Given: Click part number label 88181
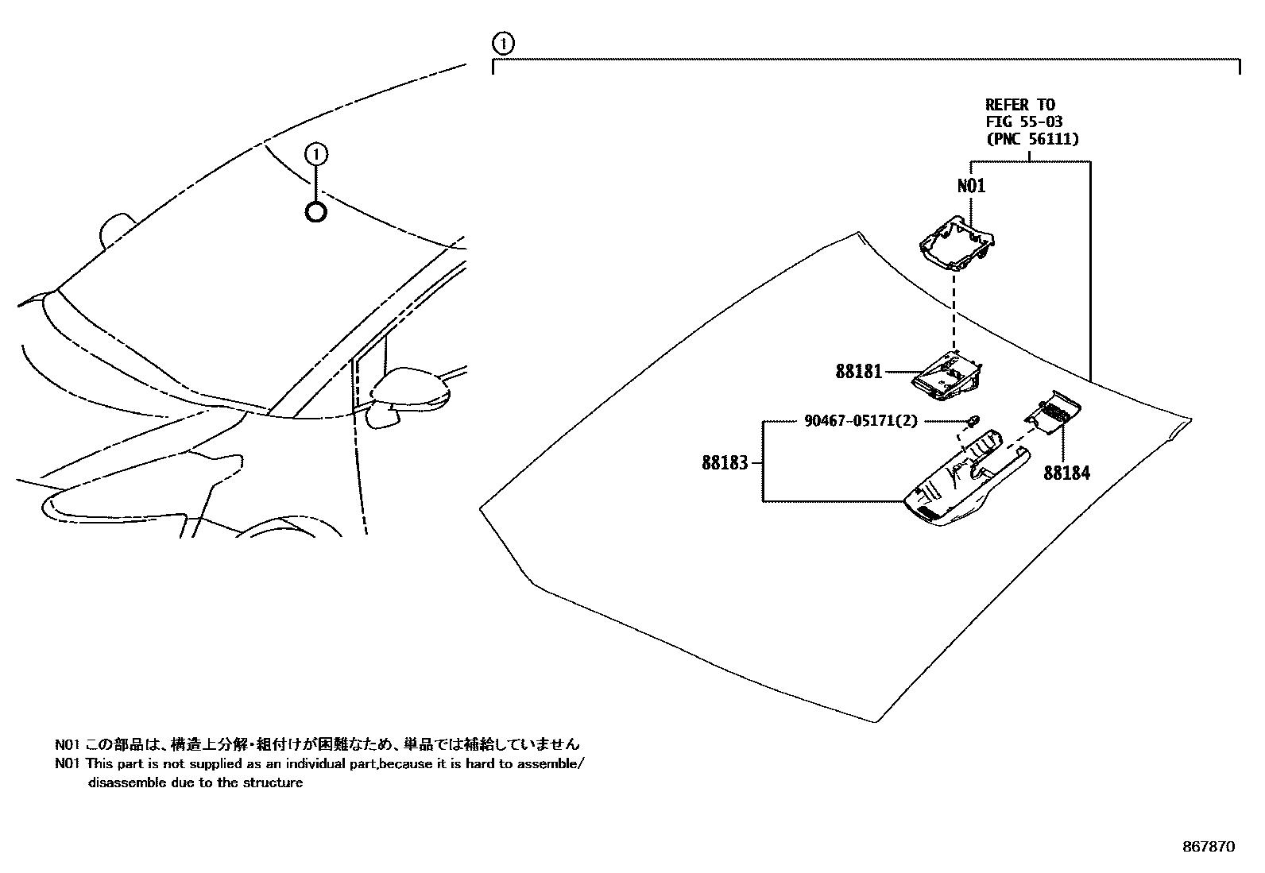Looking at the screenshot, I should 858,371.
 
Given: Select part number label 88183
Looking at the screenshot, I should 725,462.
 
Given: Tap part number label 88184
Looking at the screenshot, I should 1066,473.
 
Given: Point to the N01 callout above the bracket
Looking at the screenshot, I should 971,186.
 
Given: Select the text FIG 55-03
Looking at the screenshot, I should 1023,122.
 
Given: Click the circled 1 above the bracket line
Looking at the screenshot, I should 503,43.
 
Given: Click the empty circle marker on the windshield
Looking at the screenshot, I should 315,212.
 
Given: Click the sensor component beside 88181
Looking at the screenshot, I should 947,374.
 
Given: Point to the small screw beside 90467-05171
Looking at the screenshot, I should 973,419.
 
